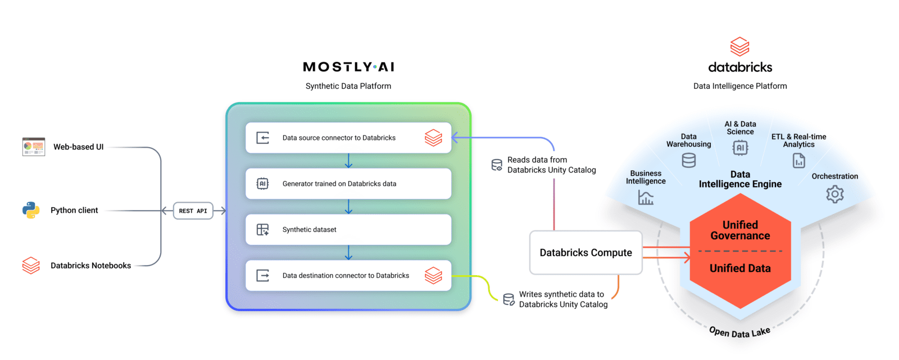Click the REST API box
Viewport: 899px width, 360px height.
point(193,211)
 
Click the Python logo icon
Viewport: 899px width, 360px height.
point(31,210)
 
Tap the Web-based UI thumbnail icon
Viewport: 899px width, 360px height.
point(34,147)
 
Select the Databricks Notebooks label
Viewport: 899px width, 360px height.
point(90,266)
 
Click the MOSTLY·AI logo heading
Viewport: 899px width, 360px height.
point(348,67)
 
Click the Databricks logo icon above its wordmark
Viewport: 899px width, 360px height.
point(739,47)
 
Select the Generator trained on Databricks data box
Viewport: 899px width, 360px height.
point(348,184)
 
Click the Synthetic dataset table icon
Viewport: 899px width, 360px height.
point(262,230)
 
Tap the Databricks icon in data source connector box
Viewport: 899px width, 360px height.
point(433,138)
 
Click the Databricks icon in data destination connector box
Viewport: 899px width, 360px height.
point(433,275)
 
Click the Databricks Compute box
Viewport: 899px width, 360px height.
point(585,253)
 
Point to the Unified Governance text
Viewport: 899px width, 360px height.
point(740,230)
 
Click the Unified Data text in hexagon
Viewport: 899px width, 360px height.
point(740,268)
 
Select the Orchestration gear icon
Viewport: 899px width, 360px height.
point(834,194)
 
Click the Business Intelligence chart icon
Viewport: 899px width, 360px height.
point(646,198)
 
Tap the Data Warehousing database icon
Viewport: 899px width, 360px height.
point(688,161)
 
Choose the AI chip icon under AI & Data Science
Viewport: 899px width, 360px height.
point(740,148)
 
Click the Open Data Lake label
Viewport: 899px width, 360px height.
point(739,332)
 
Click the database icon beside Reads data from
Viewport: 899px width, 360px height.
point(497,165)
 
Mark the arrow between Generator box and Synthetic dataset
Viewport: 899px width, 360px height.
point(348,207)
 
